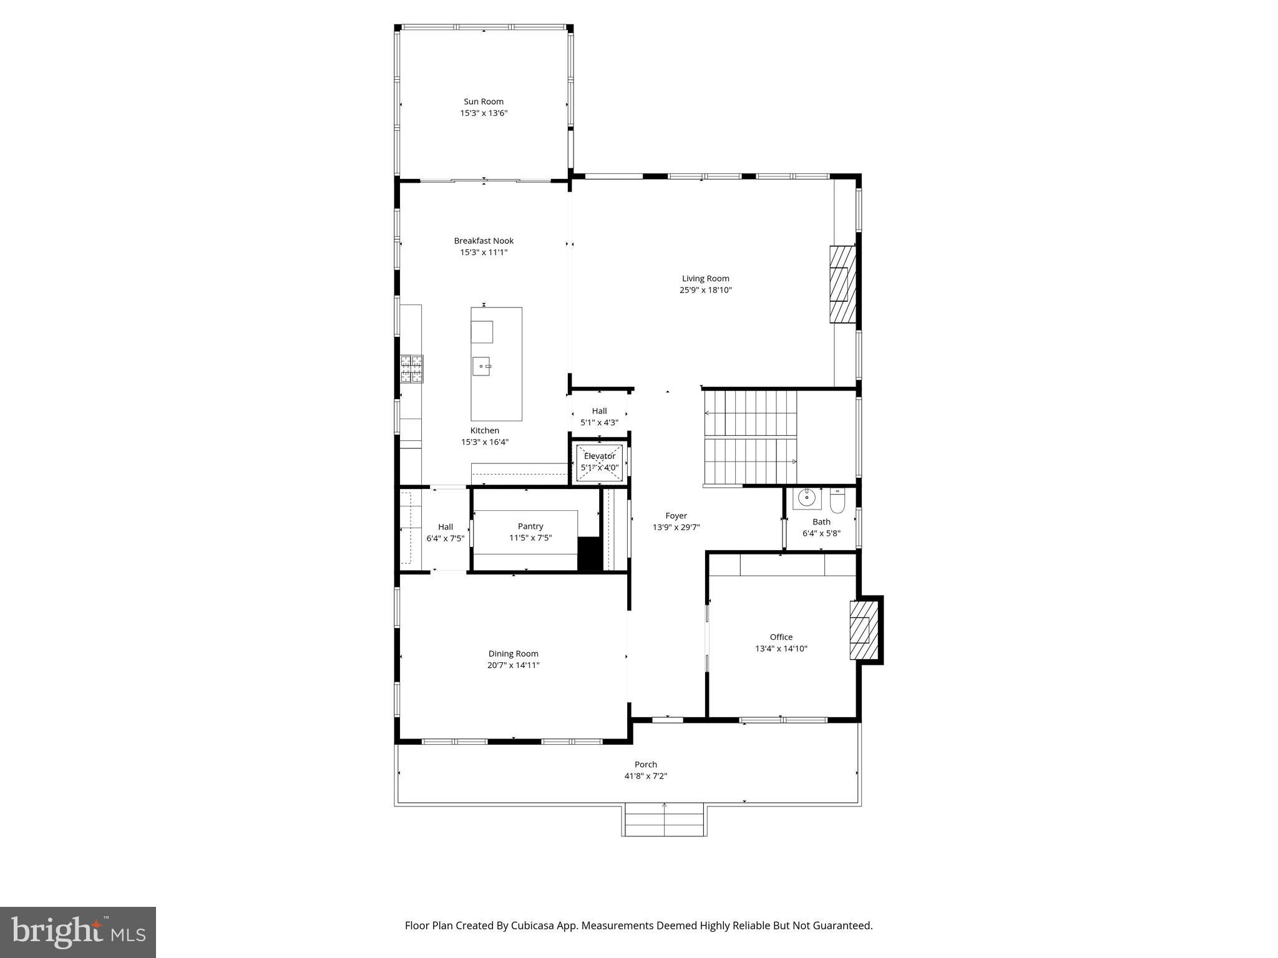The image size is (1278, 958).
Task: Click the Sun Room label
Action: [x=483, y=102]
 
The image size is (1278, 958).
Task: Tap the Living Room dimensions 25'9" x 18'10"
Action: [x=705, y=290]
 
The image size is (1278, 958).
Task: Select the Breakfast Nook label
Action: [x=484, y=241]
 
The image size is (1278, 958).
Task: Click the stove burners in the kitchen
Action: [x=411, y=369]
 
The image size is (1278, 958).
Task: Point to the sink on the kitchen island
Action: [x=481, y=366]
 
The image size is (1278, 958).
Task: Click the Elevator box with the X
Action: [x=599, y=463]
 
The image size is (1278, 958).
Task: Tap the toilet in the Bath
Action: [x=837, y=500]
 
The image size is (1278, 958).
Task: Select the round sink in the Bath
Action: [x=807, y=499]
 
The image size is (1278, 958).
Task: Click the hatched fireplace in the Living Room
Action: [x=842, y=284]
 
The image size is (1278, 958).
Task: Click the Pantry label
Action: [x=530, y=526]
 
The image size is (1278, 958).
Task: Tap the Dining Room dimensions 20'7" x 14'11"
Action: [x=513, y=665]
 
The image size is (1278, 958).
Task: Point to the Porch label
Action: [x=646, y=765]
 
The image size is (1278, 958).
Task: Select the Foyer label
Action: [x=676, y=516]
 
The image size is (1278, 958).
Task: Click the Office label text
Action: [x=781, y=637]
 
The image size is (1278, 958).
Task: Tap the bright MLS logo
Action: [x=78, y=932]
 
